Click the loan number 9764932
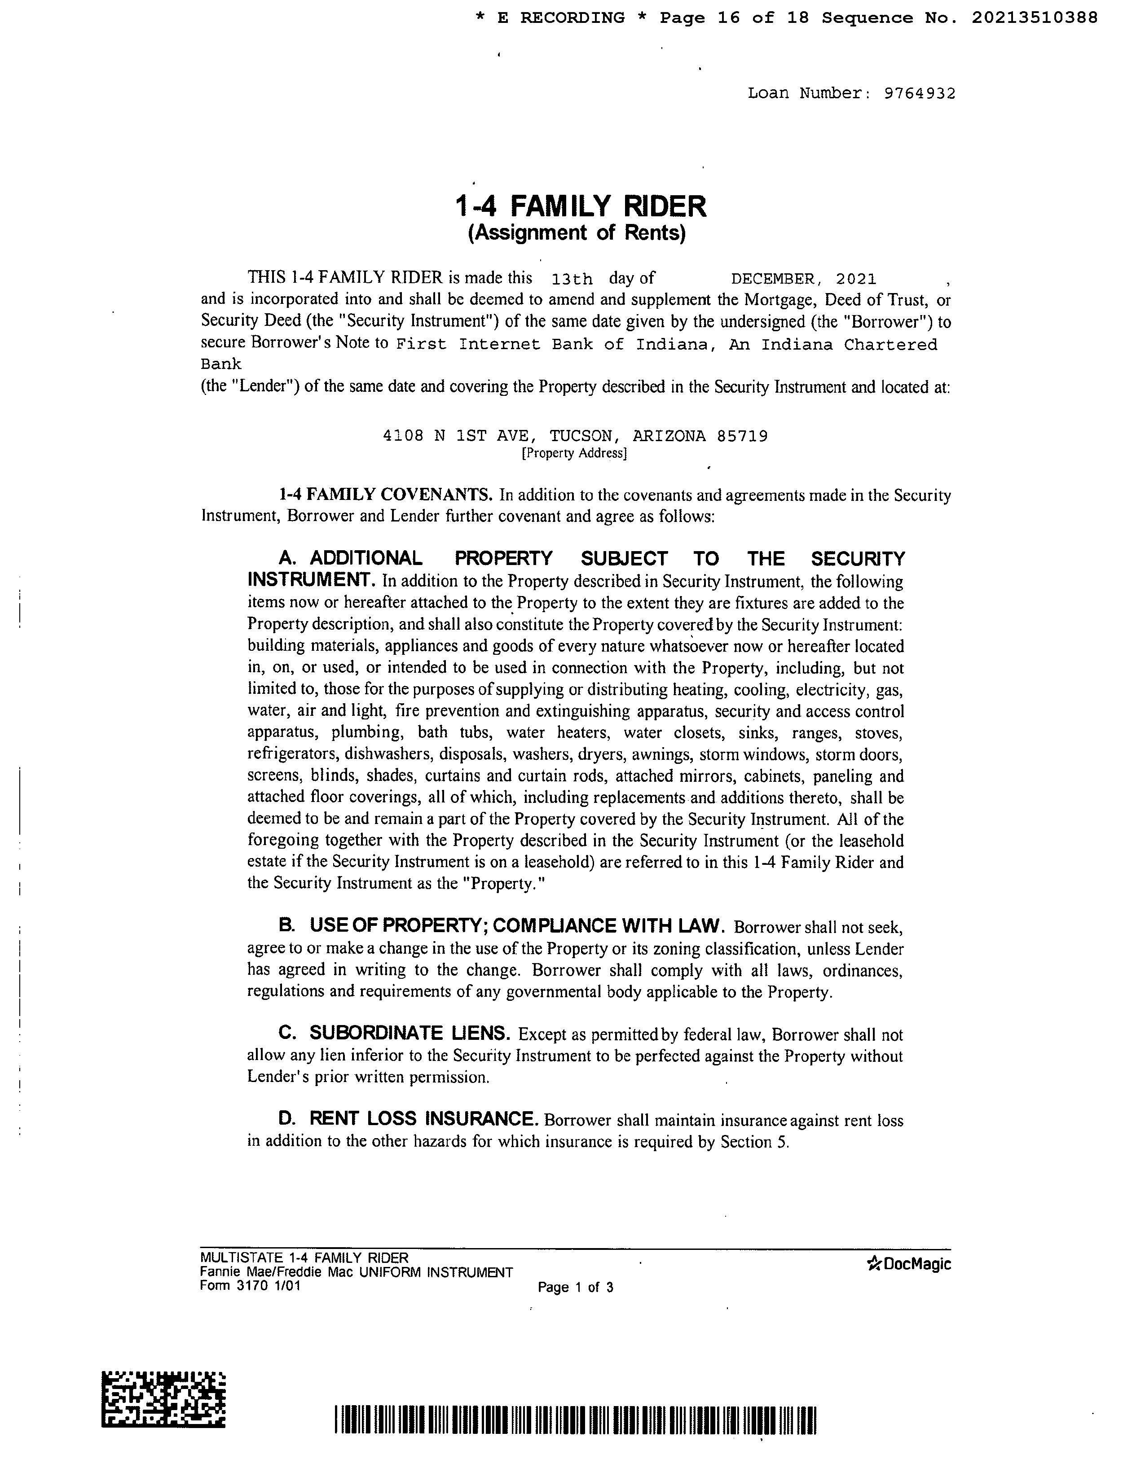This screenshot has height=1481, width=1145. pos(919,94)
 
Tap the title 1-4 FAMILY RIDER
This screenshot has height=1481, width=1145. pos(580,206)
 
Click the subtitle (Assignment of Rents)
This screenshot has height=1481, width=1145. pos(577,232)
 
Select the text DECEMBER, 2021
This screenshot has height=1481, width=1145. pos(803,279)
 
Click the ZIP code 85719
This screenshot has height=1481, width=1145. pos(742,436)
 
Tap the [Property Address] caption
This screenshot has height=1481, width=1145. pos(574,453)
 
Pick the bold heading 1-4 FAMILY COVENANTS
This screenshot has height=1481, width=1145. pos(385,495)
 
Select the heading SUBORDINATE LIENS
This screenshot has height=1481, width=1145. pos(410,1034)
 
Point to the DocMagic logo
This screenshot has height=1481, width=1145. pos(909,1264)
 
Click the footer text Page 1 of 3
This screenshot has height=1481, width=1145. pos(575,1287)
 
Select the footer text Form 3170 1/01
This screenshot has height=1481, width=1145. pos(250,1286)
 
